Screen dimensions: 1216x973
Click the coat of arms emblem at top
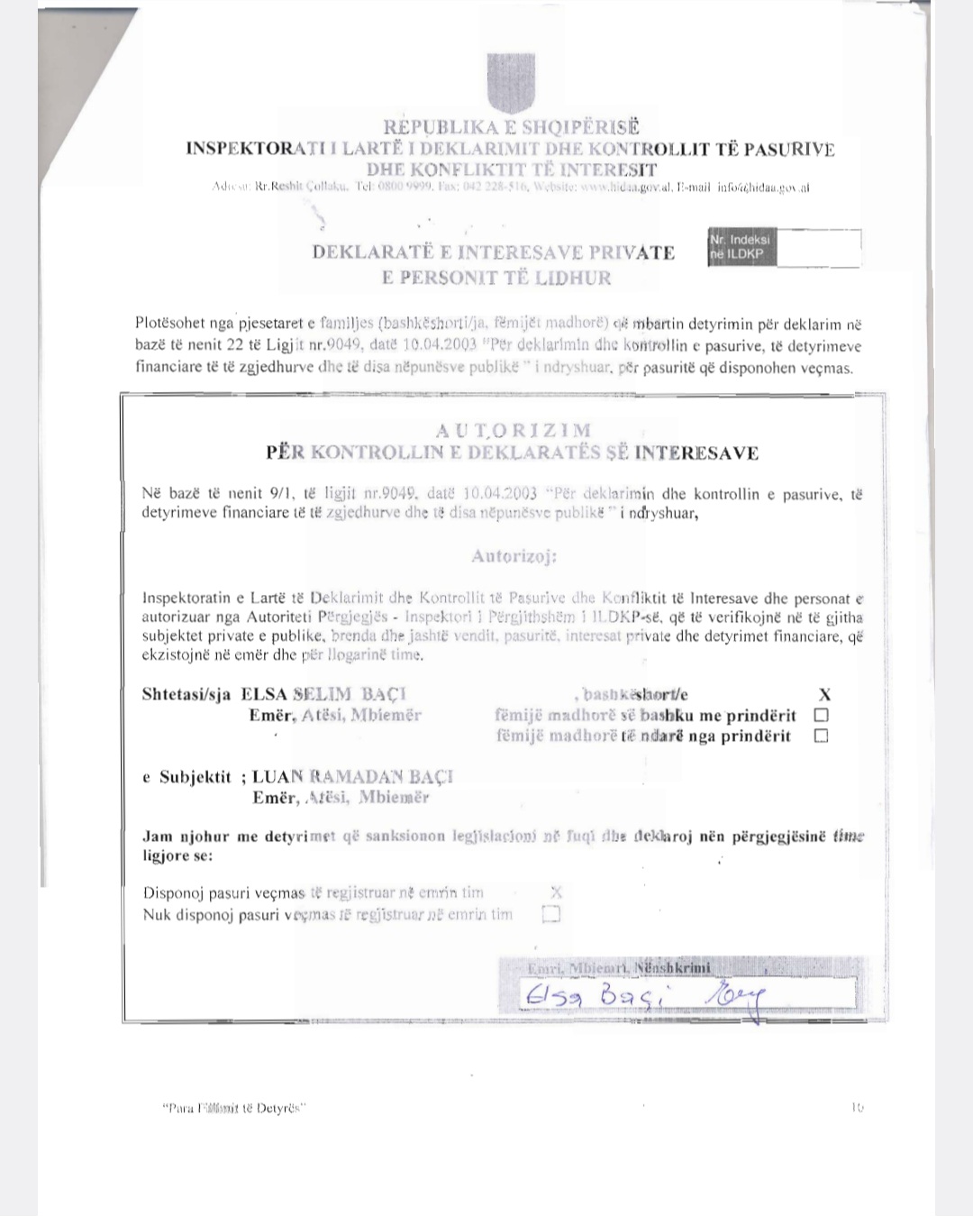tap(511, 83)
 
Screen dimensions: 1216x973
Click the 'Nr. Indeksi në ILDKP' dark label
tap(741, 247)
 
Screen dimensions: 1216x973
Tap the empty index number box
tap(817, 247)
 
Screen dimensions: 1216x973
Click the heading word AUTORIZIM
tap(514, 430)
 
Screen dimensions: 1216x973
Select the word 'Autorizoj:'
tap(514, 556)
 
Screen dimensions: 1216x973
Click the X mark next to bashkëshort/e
tap(824, 694)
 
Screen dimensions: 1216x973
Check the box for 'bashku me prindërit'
tap(821, 715)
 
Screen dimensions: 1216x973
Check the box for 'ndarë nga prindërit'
tap(821, 736)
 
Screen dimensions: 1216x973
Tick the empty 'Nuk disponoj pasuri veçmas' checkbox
tap(550, 915)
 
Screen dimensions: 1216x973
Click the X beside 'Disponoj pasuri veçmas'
tap(556, 892)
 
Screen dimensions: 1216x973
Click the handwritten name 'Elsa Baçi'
tap(595, 996)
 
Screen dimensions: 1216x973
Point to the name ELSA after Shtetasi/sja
tap(264, 694)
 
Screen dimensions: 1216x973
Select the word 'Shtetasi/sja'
tap(186, 694)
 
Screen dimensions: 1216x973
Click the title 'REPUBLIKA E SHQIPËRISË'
tap(511, 128)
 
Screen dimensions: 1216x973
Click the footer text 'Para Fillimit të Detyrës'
tap(234, 1108)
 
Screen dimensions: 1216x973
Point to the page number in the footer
tap(857, 1107)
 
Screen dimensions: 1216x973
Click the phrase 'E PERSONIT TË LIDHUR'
tap(496, 278)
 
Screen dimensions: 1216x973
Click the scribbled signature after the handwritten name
tap(738, 998)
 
